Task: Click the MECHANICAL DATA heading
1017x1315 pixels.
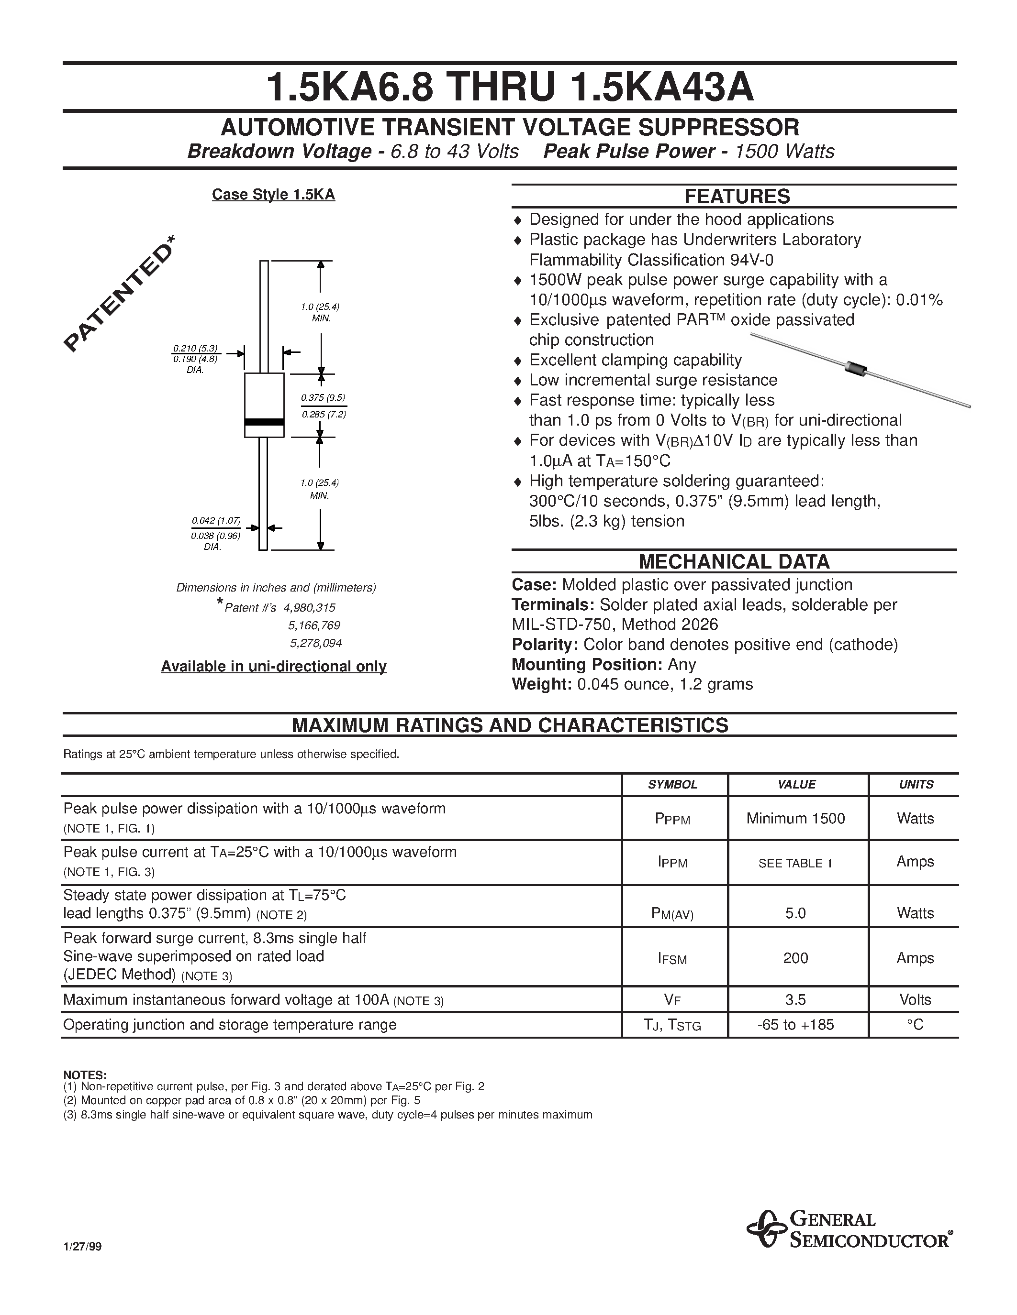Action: [734, 562]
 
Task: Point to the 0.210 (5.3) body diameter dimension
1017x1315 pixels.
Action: [195, 348]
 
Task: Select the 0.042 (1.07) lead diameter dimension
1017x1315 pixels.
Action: [216, 520]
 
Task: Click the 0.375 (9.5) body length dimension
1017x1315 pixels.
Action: [324, 397]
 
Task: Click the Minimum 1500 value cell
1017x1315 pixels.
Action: [795, 818]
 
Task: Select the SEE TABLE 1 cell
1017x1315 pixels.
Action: [795, 863]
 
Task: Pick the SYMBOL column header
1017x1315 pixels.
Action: [672, 785]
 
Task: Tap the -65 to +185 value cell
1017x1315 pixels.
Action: [795, 1025]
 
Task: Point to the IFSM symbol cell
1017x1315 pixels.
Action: [672, 959]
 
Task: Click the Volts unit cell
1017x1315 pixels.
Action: [915, 1000]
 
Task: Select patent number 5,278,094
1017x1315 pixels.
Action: [316, 643]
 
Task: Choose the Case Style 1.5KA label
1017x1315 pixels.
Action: [274, 195]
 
